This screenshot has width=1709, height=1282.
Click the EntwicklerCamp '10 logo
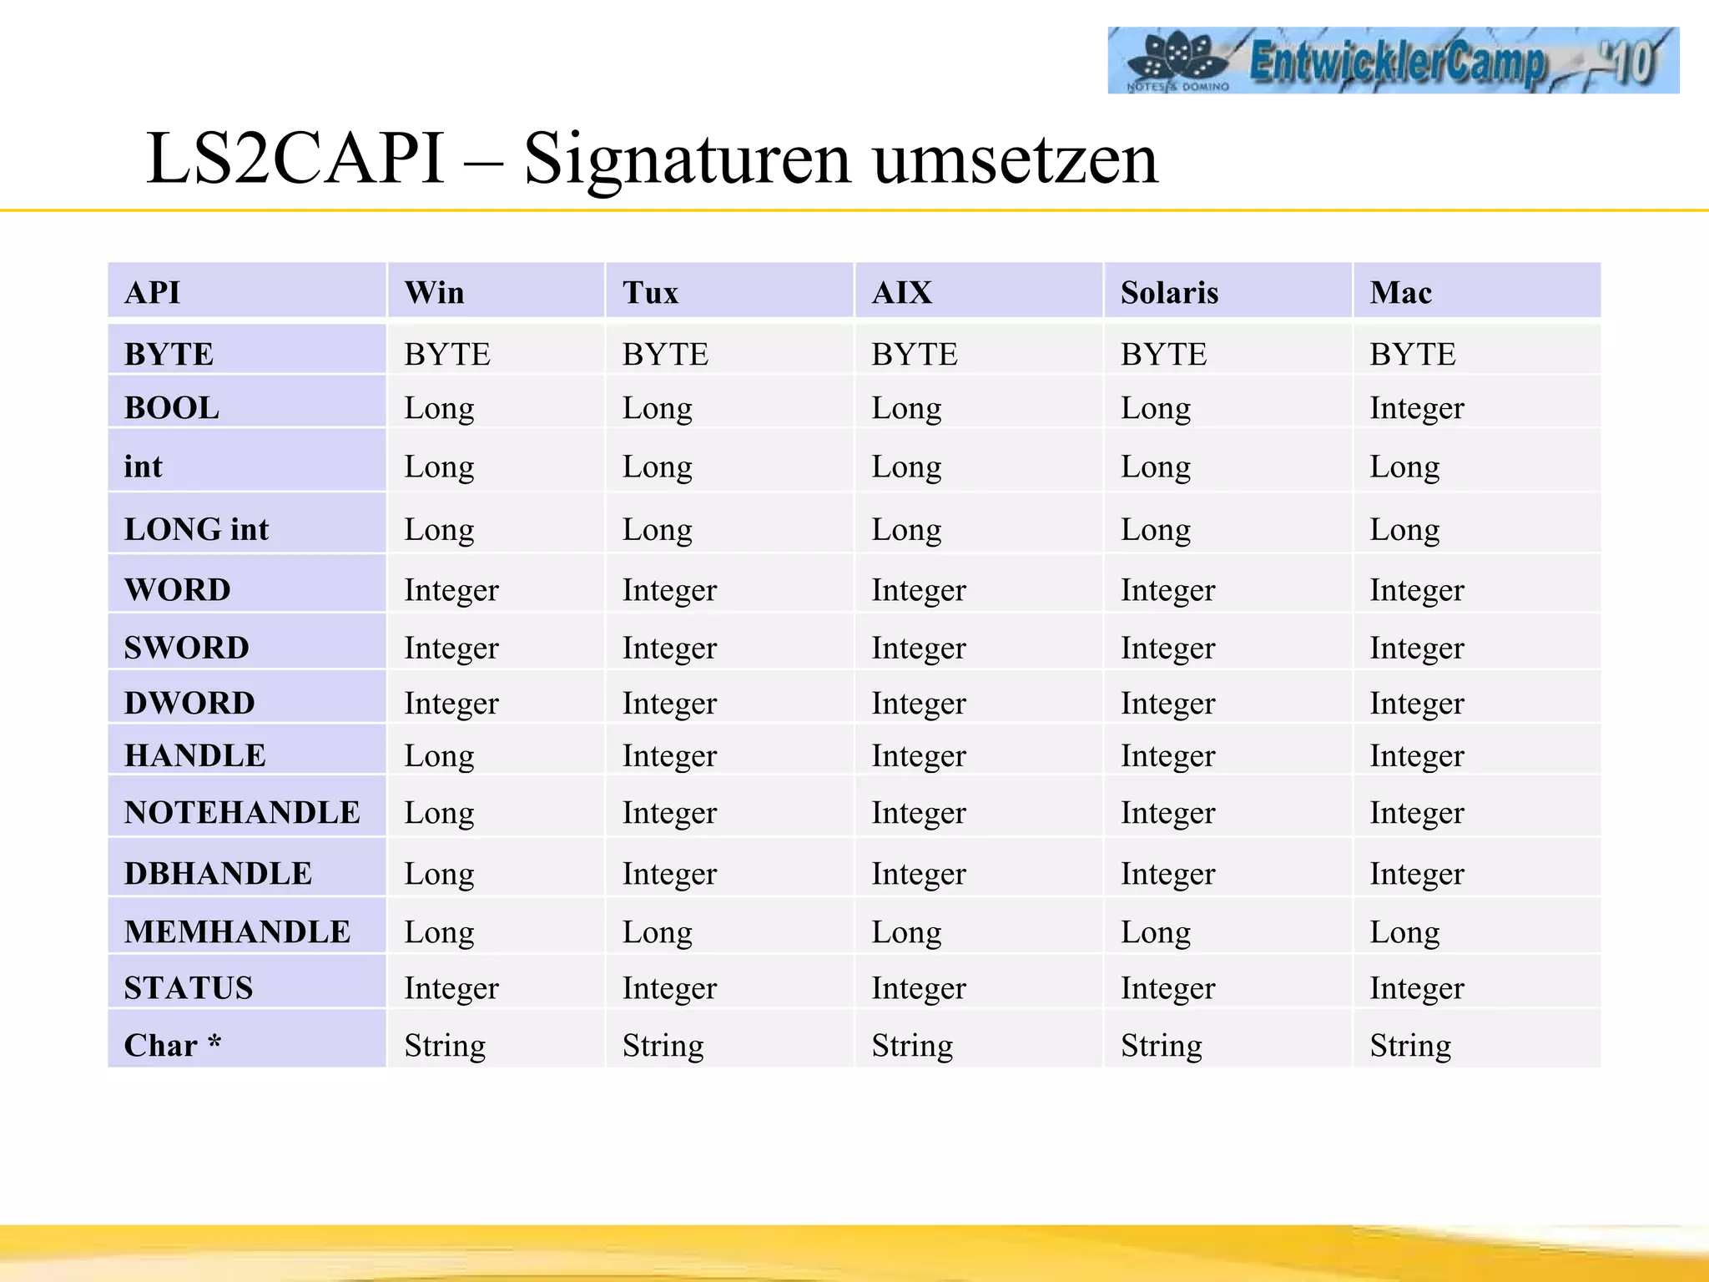tap(1392, 60)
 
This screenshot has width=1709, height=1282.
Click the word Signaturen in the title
tap(685, 159)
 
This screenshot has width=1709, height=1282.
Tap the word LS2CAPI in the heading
tap(295, 159)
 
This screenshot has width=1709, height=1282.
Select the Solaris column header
tap(1169, 293)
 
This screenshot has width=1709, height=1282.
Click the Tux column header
tap(650, 293)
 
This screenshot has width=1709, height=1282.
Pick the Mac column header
tap(1400, 293)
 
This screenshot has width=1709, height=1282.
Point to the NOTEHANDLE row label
tap(242, 812)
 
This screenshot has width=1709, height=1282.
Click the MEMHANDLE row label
tap(237, 931)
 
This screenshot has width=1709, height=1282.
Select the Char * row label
tap(173, 1045)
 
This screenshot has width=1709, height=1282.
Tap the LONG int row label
tap(196, 529)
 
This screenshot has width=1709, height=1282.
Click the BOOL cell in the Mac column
tap(1416, 408)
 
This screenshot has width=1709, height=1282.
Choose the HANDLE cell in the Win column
tap(439, 755)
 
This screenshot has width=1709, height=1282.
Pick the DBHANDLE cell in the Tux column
tap(669, 874)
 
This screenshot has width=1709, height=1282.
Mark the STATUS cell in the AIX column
tap(918, 988)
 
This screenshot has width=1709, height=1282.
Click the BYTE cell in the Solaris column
tap(1163, 355)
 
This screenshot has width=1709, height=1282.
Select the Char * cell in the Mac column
tap(1410, 1045)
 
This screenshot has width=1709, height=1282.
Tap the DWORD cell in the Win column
tap(451, 703)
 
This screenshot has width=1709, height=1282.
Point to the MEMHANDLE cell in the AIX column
tap(906, 931)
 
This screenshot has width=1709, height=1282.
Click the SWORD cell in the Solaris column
tap(1167, 648)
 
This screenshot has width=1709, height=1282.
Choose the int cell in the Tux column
tap(657, 467)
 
